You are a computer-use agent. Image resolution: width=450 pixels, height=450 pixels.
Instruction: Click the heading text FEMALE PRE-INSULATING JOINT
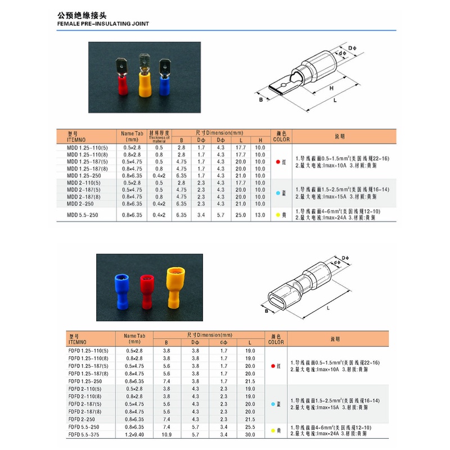click(x=105, y=25)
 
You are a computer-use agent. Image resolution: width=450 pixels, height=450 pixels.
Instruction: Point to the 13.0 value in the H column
click(x=259, y=215)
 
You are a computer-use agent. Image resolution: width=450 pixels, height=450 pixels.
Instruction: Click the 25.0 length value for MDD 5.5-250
click(x=241, y=215)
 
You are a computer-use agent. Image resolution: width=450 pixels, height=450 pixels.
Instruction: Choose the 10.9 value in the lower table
click(x=166, y=435)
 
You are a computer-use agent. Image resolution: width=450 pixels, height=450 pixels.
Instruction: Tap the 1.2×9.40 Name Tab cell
click(x=133, y=435)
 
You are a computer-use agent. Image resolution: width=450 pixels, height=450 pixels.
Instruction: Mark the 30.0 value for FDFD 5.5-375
click(x=250, y=435)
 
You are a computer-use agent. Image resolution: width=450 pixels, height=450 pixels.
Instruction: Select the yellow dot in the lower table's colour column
click(x=273, y=431)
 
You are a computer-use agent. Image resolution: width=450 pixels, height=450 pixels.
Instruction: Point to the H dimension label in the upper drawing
click(x=331, y=88)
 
